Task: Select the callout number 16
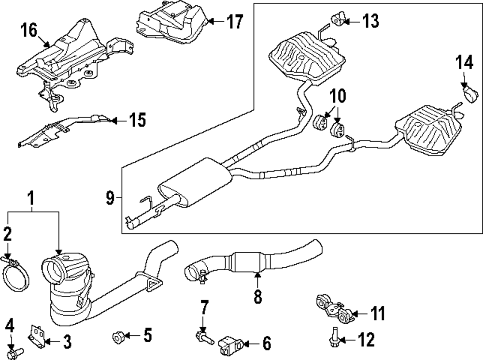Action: point(28,30)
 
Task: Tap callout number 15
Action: point(138,120)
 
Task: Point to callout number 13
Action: point(370,21)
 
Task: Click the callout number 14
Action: point(464,63)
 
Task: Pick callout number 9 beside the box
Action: point(110,198)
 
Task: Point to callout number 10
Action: point(338,96)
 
